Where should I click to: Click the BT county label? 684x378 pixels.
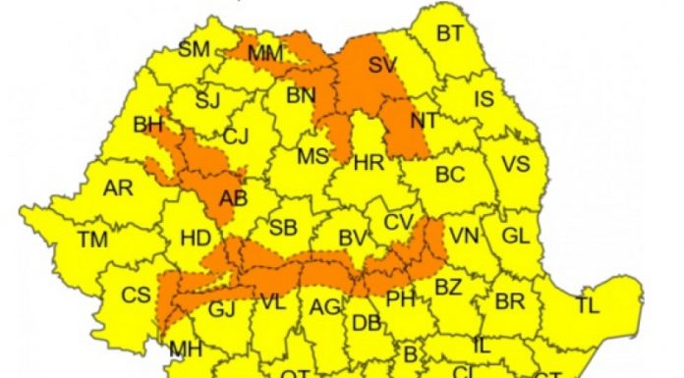(x=449, y=34)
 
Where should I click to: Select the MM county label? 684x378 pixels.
(x=265, y=54)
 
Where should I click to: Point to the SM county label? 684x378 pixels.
(x=195, y=49)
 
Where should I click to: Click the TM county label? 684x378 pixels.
(x=94, y=239)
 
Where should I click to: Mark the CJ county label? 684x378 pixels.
(x=236, y=136)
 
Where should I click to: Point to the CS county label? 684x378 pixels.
(x=136, y=294)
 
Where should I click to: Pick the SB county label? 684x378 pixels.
(x=283, y=228)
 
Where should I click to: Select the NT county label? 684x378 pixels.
(x=425, y=122)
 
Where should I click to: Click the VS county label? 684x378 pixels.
(x=516, y=163)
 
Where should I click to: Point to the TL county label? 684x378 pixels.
(x=588, y=305)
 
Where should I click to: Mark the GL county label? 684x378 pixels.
(x=515, y=236)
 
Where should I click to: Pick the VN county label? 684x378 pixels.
(x=463, y=236)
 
